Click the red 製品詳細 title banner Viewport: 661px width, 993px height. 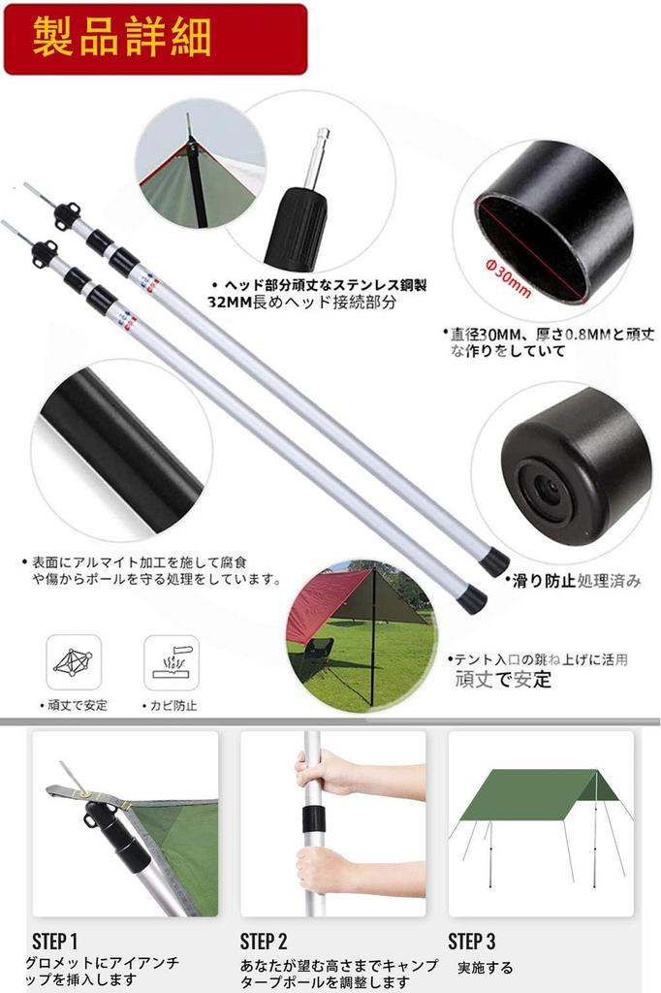155,39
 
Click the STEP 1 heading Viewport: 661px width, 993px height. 54,941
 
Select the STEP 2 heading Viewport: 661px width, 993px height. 264,941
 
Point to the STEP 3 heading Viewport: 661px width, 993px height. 471,941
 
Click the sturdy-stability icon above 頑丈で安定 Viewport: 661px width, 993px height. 73,662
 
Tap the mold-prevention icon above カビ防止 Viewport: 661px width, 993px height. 172,662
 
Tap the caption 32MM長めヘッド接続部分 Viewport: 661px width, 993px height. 302,303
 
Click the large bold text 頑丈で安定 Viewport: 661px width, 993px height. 503,679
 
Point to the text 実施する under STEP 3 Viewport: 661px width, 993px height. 485,967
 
